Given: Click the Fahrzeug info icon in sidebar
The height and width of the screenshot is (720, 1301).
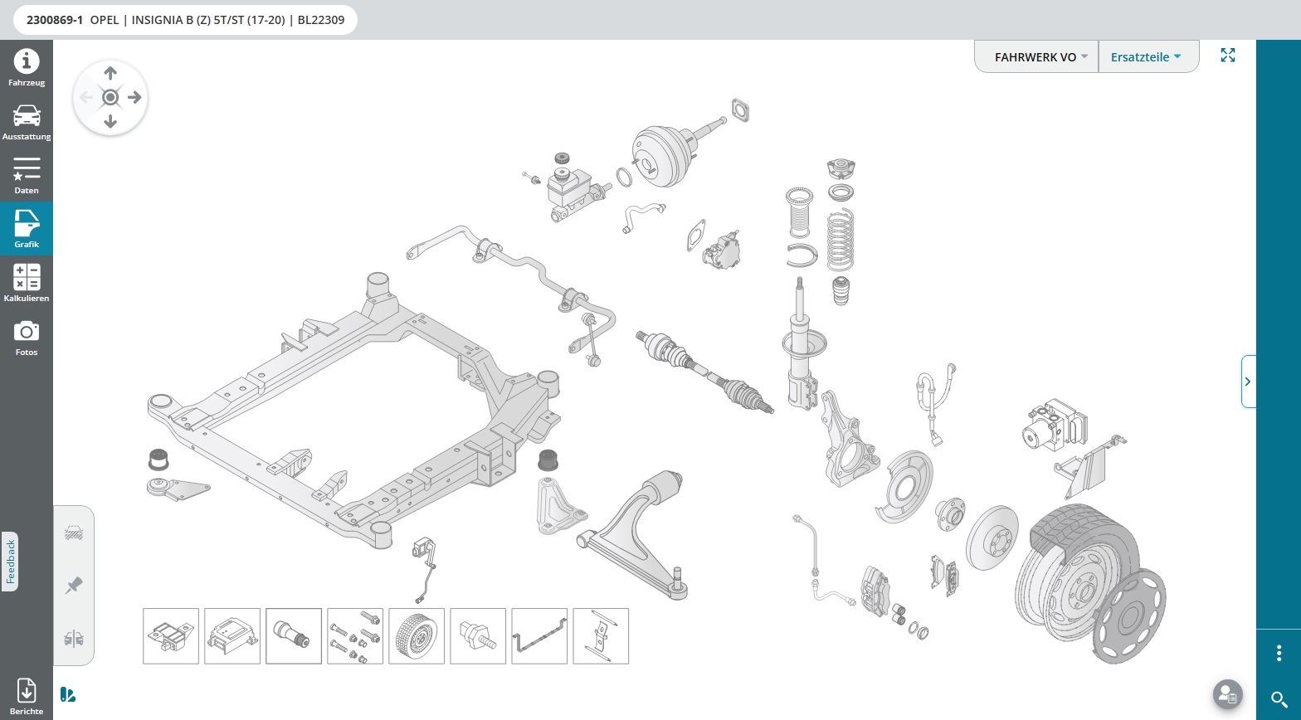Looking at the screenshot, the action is click(x=27, y=61).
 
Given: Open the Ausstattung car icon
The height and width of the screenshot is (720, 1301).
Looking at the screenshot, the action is click(x=27, y=115).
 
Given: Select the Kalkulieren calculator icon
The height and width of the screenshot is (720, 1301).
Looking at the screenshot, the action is click(x=27, y=277).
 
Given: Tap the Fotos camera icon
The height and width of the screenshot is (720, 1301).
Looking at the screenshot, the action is click(x=27, y=331).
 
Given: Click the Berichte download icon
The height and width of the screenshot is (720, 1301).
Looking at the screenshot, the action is click(x=27, y=690).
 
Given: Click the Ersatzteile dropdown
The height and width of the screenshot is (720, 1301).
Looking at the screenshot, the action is click(x=1146, y=57).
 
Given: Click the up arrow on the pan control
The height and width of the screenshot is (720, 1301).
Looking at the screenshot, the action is click(x=110, y=73).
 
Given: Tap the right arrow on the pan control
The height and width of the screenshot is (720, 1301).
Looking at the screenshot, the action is click(x=134, y=97).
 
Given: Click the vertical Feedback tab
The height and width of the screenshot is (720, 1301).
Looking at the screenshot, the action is click(x=10, y=562).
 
